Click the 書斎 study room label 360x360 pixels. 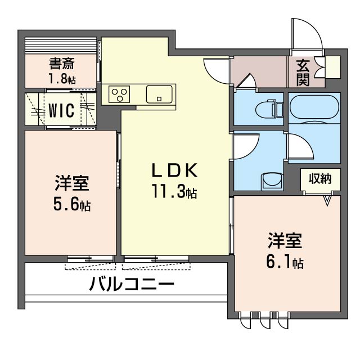tap(62, 63)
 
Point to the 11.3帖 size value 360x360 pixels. tap(173, 193)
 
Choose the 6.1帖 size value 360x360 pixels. tap(285, 262)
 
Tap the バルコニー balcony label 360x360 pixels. tap(130, 283)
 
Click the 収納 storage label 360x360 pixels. tap(319, 179)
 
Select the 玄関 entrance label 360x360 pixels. tap(303, 71)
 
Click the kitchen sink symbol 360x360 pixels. tap(161, 93)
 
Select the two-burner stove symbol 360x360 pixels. tap(119, 93)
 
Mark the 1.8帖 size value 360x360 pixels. tap(62, 78)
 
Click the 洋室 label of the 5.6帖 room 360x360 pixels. tap(72, 183)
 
